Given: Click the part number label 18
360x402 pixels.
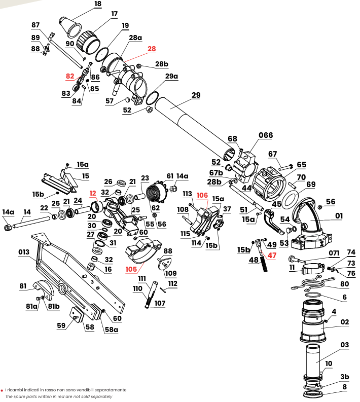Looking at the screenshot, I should point(97,4).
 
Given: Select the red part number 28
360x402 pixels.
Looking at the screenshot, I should point(152,49).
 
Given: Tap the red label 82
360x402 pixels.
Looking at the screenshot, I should point(70,76).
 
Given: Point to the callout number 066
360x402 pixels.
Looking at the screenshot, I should point(266,135).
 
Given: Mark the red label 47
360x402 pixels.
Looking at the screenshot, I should point(272,255).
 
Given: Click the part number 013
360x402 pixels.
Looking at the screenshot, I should point(24,252).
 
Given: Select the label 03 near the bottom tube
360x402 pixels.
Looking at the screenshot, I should point(344,345).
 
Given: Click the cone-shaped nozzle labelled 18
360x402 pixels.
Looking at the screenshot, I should point(71,26).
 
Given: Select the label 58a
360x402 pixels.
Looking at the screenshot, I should point(111,329).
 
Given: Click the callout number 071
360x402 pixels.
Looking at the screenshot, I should point(334,253).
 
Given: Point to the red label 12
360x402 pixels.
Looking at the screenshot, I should point(92,193).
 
